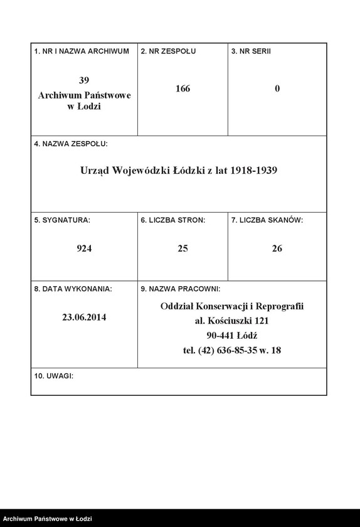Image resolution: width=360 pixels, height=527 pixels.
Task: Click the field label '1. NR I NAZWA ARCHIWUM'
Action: (x=82, y=51)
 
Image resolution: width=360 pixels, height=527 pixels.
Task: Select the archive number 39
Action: (x=84, y=80)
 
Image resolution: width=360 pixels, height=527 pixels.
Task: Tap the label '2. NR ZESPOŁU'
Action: (x=168, y=51)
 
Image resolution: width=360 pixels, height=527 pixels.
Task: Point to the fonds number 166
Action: (x=183, y=88)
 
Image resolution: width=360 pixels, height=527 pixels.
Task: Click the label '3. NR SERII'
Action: (x=251, y=51)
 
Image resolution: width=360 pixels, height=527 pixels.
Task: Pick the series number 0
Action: (x=277, y=88)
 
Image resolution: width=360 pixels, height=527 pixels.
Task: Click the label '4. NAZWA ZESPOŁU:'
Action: (x=71, y=144)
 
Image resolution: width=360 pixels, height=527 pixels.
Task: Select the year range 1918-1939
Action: (x=254, y=170)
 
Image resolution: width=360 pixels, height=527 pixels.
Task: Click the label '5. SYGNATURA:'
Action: (x=62, y=220)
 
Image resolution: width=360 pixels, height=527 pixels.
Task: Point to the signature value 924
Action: (x=84, y=248)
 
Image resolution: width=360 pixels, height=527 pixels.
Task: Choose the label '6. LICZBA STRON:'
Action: (x=173, y=220)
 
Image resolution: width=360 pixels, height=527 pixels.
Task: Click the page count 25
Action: (x=183, y=248)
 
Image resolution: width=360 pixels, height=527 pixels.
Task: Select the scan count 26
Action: (x=277, y=248)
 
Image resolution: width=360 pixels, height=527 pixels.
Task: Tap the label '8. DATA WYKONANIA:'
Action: (x=73, y=289)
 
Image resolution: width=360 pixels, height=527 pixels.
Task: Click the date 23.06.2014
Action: (x=84, y=317)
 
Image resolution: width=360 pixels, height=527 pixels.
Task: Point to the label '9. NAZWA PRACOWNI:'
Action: (x=180, y=289)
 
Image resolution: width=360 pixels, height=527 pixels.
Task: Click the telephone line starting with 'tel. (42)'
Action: (x=232, y=350)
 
